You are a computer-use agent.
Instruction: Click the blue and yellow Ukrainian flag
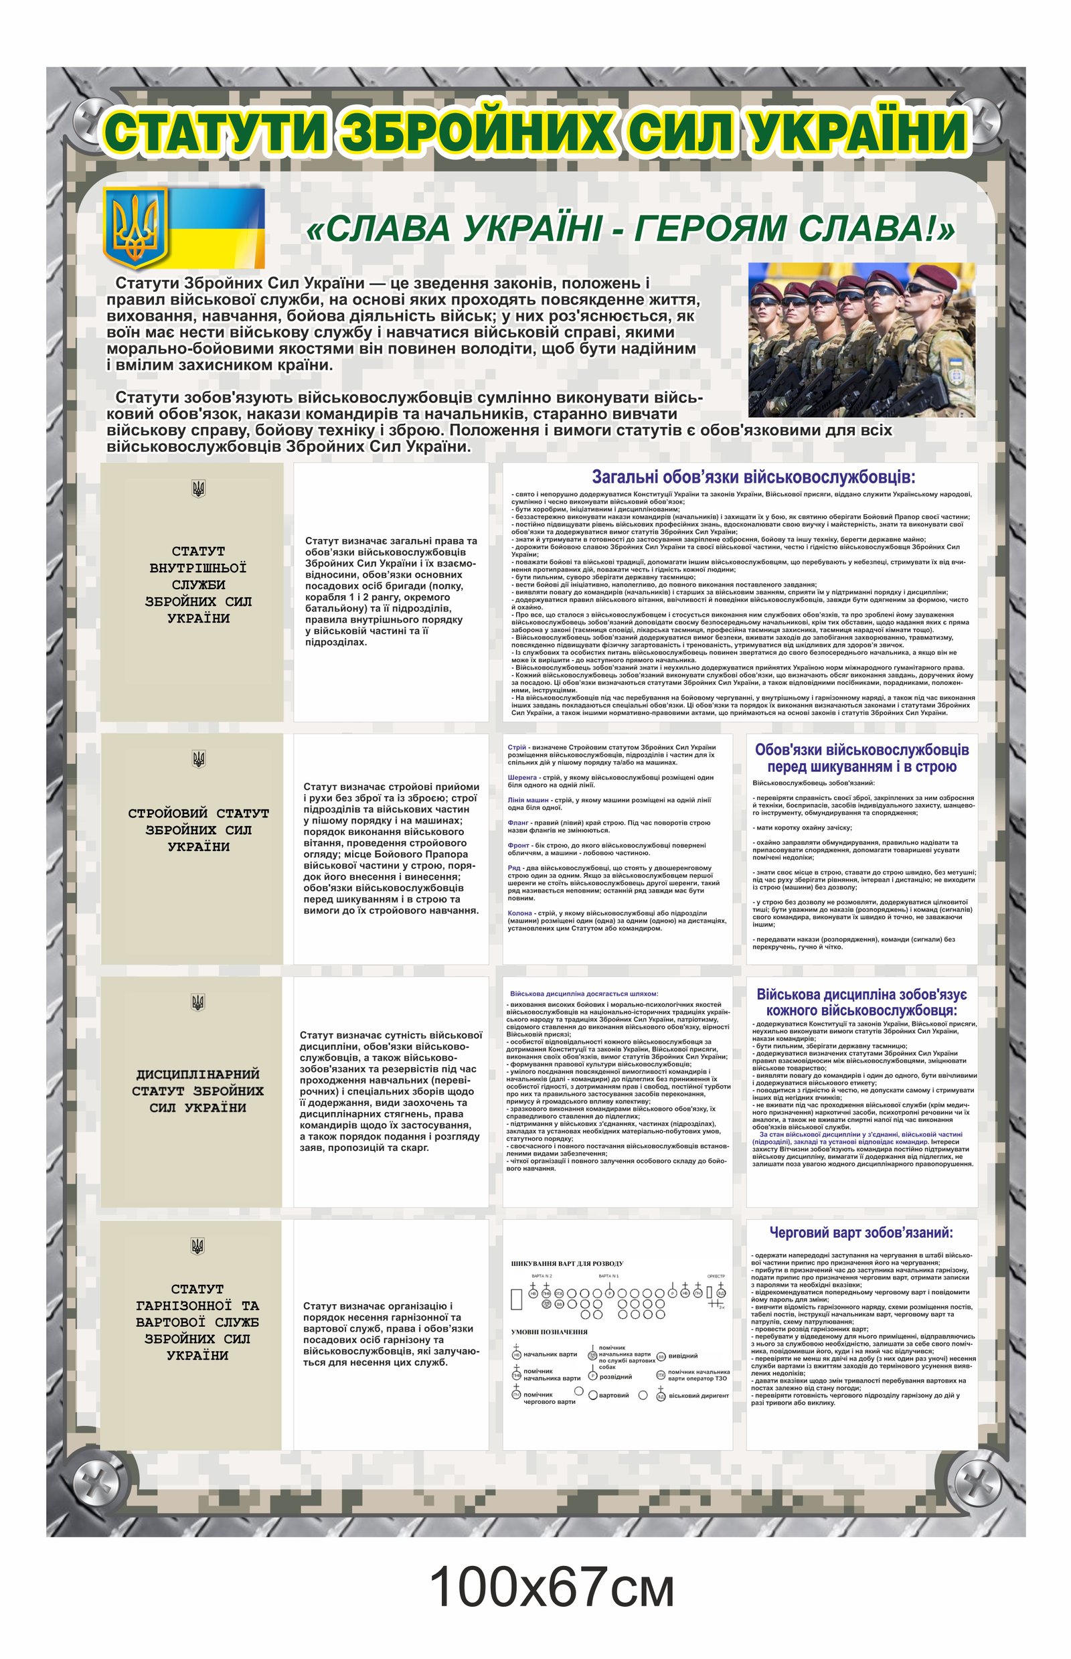coord(216,228)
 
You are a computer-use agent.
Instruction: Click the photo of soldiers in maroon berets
coord(861,339)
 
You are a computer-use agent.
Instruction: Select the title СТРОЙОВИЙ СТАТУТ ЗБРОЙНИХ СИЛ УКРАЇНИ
coord(198,830)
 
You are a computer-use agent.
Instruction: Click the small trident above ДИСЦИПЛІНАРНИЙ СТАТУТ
coord(197,1002)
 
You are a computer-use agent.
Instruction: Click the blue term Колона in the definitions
coord(520,913)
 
